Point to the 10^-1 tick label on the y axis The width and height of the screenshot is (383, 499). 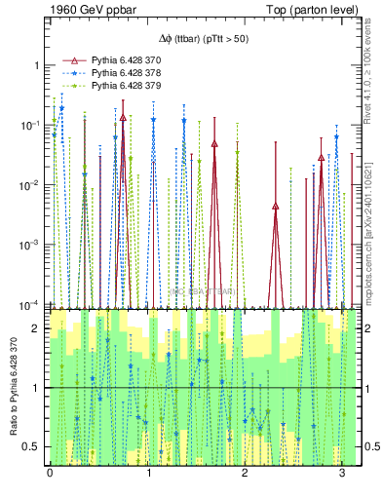(32, 126)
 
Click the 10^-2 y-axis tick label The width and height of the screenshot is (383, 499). (32, 186)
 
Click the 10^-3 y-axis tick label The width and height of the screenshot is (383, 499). (32, 247)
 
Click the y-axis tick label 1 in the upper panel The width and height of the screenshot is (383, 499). (37, 65)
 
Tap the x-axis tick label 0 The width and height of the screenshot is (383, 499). (50, 475)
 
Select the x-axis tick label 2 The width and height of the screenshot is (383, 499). (245, 475)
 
